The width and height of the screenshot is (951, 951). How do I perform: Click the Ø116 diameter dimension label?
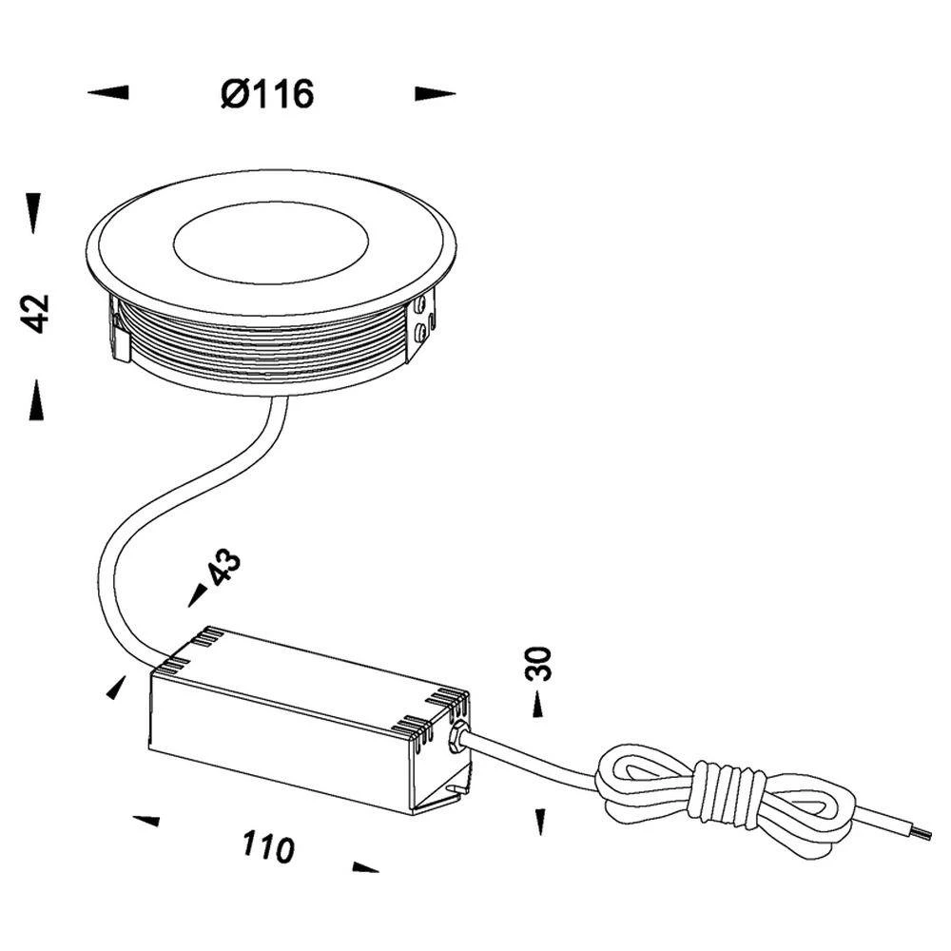pos(267,93)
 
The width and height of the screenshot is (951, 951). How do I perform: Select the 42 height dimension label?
pos(36,313)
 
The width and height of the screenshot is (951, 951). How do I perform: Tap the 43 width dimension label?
pos(223,569)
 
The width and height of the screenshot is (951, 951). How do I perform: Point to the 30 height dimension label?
pos(538,663)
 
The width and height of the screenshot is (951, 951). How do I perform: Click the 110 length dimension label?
pos(268,845)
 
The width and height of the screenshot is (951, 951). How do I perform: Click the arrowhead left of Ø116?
pos(107,92)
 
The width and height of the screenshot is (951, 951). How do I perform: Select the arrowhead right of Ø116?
pos(435,93)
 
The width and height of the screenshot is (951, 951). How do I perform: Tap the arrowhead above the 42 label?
pos(34,212)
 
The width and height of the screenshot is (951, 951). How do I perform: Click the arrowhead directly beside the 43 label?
pos(198,595)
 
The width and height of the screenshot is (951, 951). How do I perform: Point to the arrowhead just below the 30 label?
pos(538,704)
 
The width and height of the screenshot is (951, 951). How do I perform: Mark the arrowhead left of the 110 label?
pos(146,820)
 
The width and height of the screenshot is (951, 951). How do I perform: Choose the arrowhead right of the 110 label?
pos(365,866)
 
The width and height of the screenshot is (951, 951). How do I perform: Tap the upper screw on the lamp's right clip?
pos(420,304)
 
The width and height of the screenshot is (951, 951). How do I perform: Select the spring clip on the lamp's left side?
pos(120,333)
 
